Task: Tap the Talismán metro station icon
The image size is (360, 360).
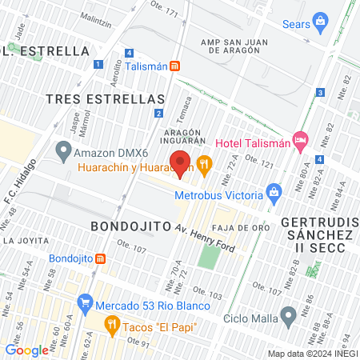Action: coord(174,67)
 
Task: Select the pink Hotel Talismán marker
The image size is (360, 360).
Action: coord(300,142)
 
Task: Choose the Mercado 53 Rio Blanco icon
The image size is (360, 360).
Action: coord(85,304)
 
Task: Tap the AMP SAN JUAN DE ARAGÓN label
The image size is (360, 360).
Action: coord(242,42)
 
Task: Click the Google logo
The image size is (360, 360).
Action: coord(26,350)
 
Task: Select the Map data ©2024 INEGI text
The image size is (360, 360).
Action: coord(312,354)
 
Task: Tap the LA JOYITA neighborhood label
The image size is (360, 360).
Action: coord(23,239)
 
